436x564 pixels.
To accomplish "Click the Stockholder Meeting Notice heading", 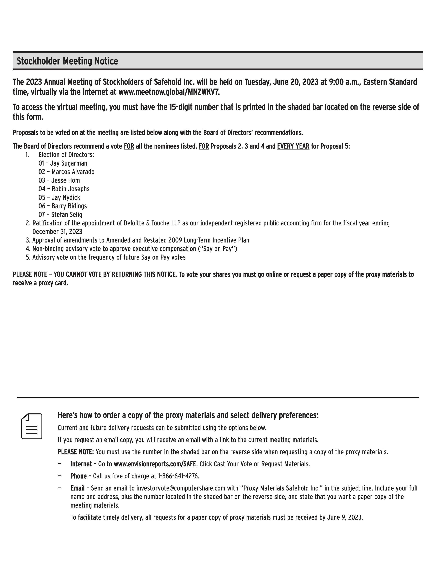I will tap(67, 61).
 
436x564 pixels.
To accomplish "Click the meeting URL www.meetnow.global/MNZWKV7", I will tap(169, 92).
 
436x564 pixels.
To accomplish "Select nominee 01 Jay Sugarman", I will tap(63, 163).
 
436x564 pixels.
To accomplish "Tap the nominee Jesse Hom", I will tap(66, 180).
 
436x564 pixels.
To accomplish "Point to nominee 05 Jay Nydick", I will tap(59, 197).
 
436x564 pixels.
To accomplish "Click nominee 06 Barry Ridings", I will tap(63, 206).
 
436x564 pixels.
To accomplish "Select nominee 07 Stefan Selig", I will tap(60, 214).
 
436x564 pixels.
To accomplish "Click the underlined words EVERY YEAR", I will tap(293, 146).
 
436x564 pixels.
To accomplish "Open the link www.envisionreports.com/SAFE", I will tap(155, 464).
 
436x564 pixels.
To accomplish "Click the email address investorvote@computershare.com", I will tap(181, 488).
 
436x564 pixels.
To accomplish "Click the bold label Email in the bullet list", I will tap(77, 488).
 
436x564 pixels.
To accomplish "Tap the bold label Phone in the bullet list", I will tap(78, 476).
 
